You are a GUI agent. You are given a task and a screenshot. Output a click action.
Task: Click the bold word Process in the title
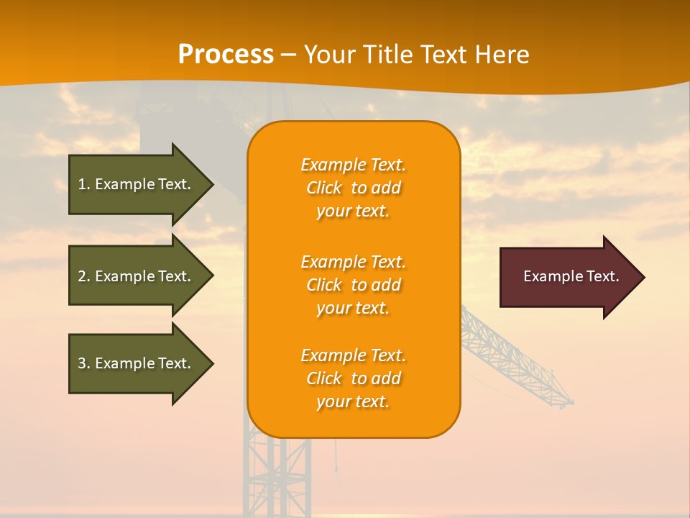226,55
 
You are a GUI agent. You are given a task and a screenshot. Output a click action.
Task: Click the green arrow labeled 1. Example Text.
137,184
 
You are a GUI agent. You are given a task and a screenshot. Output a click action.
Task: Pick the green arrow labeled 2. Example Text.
137,276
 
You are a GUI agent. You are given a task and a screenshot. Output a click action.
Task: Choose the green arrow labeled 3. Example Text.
137,363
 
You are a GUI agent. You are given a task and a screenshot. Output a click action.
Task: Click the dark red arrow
568,277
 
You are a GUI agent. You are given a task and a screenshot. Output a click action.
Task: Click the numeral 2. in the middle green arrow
84,276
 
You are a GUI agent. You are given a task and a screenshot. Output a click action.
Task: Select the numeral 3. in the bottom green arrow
84,363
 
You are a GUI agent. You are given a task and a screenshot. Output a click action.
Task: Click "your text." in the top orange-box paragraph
353,212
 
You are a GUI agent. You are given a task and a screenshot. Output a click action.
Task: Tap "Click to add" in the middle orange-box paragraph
353,285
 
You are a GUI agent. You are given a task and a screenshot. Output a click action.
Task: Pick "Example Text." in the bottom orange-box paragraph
353,355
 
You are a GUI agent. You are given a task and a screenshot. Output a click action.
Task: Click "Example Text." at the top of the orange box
353,165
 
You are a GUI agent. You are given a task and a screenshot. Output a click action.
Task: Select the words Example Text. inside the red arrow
571,276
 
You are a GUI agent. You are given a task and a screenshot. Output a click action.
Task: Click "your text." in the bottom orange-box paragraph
353,401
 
